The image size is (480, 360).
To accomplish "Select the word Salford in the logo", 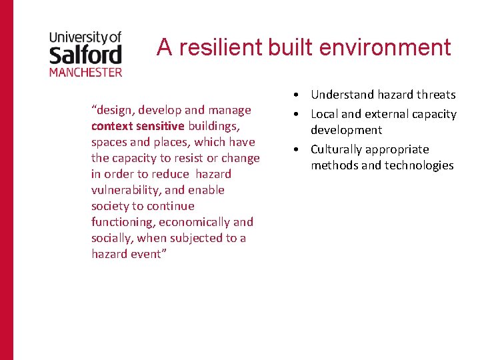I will coord(85,53).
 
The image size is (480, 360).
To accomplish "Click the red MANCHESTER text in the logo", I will coord(85,71).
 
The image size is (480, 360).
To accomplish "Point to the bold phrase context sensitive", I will coord(138,126).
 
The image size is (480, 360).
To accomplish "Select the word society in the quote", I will coord(110,206).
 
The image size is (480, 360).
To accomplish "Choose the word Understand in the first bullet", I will coord(341,95).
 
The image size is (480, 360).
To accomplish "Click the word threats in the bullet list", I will coord(436,95).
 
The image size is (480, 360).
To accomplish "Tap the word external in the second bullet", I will coord(388,114).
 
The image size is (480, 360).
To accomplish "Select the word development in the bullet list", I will coord(346,130).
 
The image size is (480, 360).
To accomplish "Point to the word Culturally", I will coord(336,149).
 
